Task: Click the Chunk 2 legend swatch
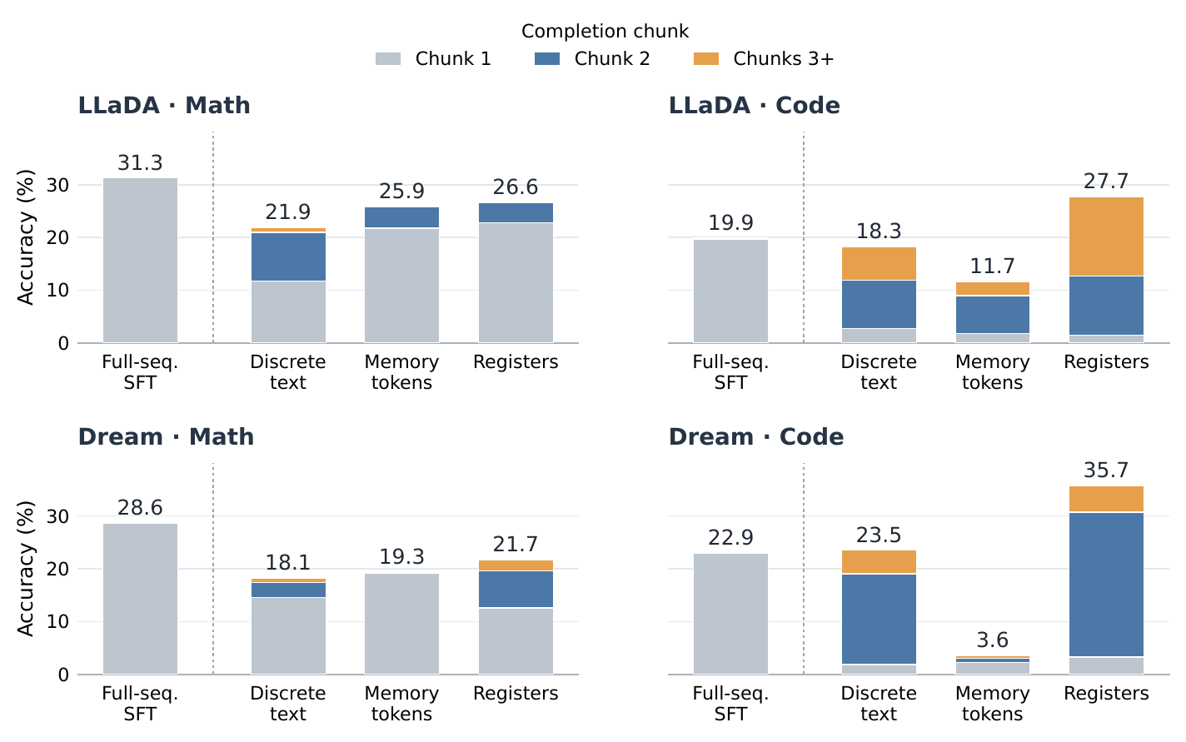click(x=547, y=59)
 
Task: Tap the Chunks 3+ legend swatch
click(x=705, y=59)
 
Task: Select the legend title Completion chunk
click(x=605, y=31)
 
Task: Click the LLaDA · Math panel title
click(x=164, y=105)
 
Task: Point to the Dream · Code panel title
click(x=756, y=437)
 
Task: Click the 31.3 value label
click(x=140, y=163)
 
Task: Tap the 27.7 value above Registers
click(x=1106, y=182)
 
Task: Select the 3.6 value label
click(x=992, y=640)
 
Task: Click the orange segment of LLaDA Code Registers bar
click(x=1106, y=237)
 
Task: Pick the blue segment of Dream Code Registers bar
click(x=1106, y=585)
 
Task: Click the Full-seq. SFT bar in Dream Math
click(x=140, y=599)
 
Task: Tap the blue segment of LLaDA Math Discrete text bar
click(x=288, y=256)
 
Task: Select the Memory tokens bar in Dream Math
click(x=402, y=624)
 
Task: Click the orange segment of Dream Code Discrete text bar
click(x=879, y=561)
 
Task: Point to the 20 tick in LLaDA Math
click(x=57, y=238)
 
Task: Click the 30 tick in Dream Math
click(x=57, y=516)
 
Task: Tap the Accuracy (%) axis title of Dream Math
click(x=26, y=569)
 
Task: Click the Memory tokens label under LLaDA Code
click(x=992, y=372)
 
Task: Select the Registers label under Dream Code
click(x=1106, y=694)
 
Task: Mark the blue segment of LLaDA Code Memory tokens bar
click(x=992, y=314)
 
